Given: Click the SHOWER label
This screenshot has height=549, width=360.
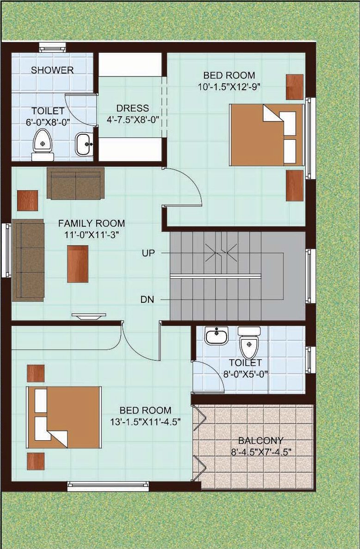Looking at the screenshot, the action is pyautogui.click(x=52, y=70).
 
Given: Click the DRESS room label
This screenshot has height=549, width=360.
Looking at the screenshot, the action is pyautogui.click(x=132, y=108).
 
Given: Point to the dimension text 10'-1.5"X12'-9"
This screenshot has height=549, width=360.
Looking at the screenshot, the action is pyautogui.click(x=229, y=87).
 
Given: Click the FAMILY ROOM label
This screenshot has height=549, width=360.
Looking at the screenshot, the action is pyautogui.click(x=91, y=223).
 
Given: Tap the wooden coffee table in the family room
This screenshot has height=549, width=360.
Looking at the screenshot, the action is pyautogui.click(x=78, y=264).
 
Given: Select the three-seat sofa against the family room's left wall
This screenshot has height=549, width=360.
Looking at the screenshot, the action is pyautogui.click(x=28, y=260).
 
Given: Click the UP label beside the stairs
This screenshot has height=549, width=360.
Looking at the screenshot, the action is pyautogui.click(x=149, y=253).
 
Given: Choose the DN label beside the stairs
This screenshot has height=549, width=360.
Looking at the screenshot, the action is pyautogui.click(x=147, y=299).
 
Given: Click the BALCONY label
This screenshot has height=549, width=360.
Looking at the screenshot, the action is pyautogui.click(x=261, y=440).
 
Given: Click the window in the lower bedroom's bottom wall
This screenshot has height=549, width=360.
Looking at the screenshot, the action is pyautogui.click(x=108, y=487).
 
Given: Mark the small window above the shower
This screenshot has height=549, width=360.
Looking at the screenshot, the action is pyautogui.click(x=52, y=47).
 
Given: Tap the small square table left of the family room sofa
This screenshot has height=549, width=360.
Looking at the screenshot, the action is pyautogui.click(x=28, y=200).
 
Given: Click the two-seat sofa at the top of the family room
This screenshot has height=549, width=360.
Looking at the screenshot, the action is pyautogui.click(x=75, y=183).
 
